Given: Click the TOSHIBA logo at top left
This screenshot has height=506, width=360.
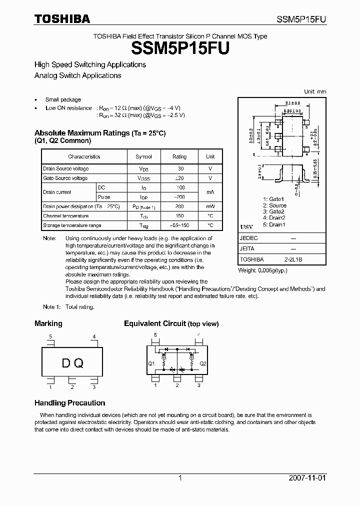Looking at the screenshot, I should tap(62, 19).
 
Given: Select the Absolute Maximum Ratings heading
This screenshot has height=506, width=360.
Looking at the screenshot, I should tap(99, 133).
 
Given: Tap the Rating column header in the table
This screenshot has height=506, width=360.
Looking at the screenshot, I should tap(179, 156).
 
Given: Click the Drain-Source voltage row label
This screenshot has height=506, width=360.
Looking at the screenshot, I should tap(65, 169).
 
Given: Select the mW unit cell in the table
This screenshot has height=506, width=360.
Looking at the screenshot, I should tap(210, 206).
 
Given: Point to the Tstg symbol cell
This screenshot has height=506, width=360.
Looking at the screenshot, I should tap(144, 225).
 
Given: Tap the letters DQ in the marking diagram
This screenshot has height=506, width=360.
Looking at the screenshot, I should tap(72, 363).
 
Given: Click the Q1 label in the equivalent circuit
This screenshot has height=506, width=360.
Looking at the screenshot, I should tap(151, 363).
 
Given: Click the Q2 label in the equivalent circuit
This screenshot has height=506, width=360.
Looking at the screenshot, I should tap(203, 363).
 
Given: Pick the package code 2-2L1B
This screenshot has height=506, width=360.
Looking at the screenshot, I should tap(293, 260).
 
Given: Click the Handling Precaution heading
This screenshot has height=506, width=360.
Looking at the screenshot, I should tap(69, 403).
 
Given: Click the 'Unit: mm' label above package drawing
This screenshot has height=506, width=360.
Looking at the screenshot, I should tap(315, 91).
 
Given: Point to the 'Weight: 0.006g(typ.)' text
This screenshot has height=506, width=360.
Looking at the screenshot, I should tap(262, 270).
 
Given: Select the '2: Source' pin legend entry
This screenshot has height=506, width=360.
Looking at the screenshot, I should tap(274, 205).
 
